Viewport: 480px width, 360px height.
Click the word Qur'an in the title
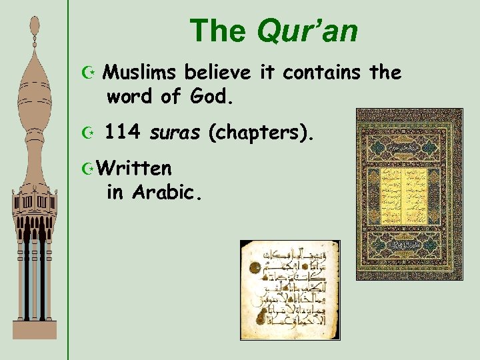[x=307, y=30]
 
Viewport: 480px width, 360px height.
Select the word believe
[x=217, y=73]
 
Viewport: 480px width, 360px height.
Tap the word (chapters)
[x=260, y=135]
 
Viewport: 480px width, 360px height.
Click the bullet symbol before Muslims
[x=91, y=72]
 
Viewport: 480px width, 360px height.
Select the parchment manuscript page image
[x=289, y=290]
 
